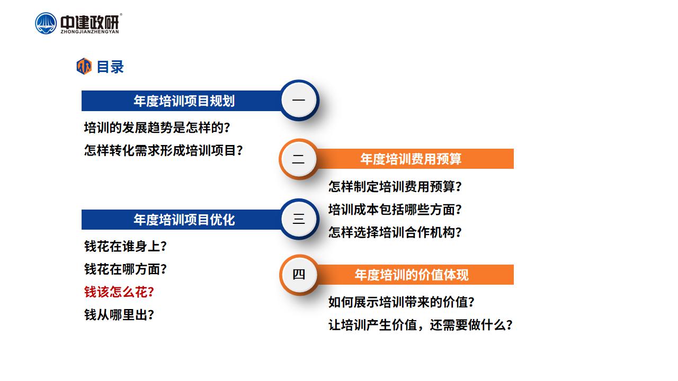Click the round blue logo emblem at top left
pyautogui.click(x=46, y=23)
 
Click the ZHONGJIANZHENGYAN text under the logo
pyautogui.click(x=90, y=32)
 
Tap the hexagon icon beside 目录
pyautogui.click(x=84, y=66)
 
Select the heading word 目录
pyautogui.click(x=110, y=67)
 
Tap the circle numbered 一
pyautogui.click(x=299, y=100)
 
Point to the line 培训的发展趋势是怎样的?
pyautogui.click(x=157, y=128)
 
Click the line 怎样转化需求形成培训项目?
pyautogui.click(x=164, y=150)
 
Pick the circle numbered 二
pyautogui.click(x=299, y=159)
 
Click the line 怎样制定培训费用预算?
pyautogui.click(x=395, y=186)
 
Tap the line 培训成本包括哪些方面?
pyautogui.click(x=395, y=209)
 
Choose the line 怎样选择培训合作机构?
pyautogui.click(x=395, y=232)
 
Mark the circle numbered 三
pyautogui.click(x=299, y=219)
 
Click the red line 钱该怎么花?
pyautogui.click(x=119, y=292)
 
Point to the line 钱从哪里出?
pyautogui.click(x=119, y=315)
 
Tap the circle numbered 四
pyautogui.click(x=299, y=275)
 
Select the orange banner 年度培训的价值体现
pyautogui.click(x=412, y=275)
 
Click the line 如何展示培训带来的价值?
pyautogui.click(x=402, y=302)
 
